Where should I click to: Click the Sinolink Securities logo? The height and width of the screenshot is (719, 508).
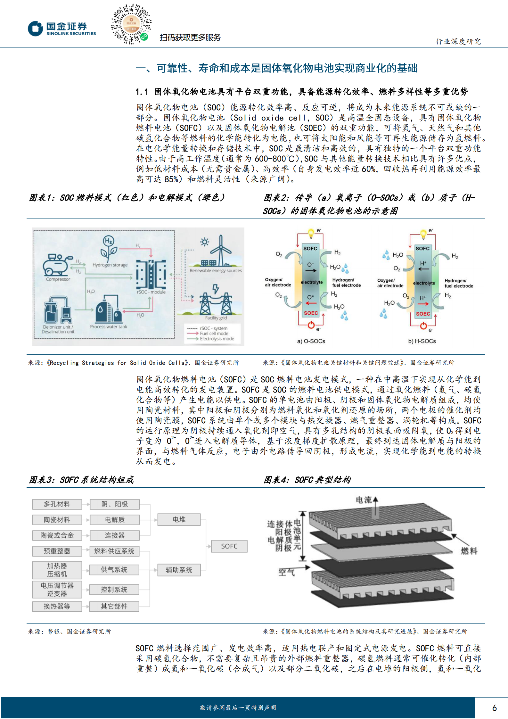tap(62, 29)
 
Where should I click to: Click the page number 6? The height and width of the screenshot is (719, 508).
tap(494, 708)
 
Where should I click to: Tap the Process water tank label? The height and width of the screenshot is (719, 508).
tap(109, 326)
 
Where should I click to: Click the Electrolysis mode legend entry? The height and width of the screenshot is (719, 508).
tap(217, 339)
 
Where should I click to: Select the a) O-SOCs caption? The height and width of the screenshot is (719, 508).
tap(311, 341)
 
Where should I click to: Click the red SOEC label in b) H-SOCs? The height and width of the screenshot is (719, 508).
tap(423, 314)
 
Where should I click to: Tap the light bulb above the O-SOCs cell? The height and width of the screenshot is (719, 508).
tap(311, 233)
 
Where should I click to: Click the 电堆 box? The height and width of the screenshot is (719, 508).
tap(179, 519)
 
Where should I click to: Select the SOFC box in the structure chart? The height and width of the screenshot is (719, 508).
tap(229, 546)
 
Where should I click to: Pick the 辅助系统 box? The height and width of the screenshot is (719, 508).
tap(179, 570)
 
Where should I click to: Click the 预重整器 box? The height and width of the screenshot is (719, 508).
tap(57, 551)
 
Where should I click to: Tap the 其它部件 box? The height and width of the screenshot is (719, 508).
tap(114, 606)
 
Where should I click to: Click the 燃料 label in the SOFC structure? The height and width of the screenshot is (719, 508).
tap(469, 551)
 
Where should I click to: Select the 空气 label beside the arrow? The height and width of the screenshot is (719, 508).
tap(286, 572)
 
